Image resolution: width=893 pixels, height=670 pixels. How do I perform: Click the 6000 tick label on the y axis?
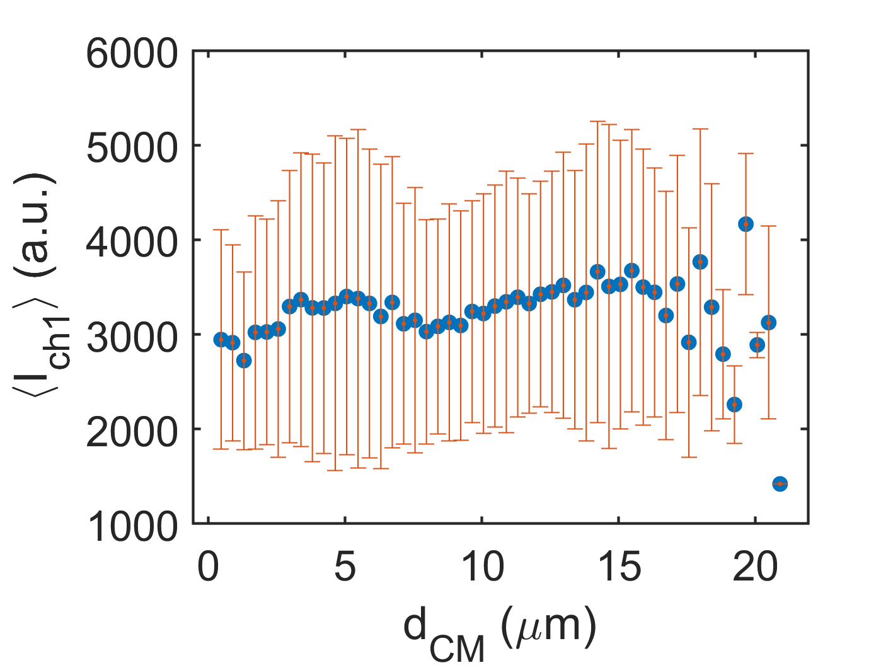[x=132, y=54]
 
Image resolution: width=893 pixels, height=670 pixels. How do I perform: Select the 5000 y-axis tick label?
[x=132, y=148]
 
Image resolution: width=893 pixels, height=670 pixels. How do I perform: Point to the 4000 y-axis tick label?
[x=132, y=243]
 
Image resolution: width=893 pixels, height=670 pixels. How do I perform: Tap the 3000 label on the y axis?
[x=132, y=337]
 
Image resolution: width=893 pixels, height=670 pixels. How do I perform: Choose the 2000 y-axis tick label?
[x=132, y=432]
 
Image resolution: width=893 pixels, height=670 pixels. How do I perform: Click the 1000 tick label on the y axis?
[x=132, y=526]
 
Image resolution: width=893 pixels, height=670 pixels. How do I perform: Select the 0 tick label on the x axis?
[x=209, y=568]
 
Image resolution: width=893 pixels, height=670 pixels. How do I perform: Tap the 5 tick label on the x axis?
[x=345, y=568]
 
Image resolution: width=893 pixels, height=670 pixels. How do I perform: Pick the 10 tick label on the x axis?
[x=482, y=568]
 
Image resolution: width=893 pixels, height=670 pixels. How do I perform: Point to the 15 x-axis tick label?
[x=619, y=568]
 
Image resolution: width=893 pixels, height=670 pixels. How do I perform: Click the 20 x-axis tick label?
[x=755, y=568]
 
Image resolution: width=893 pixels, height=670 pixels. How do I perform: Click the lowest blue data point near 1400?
[x=780, y=483]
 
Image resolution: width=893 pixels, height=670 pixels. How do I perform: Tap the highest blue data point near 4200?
[x=746, y=224]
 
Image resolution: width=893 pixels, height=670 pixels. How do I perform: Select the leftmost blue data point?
[x=221, y=340]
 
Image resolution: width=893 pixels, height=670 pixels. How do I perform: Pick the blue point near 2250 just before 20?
[x=734, y=404]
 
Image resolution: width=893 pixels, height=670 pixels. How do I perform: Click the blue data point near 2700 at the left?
[x=244, y=361]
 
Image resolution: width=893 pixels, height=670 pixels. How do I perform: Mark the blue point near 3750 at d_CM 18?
[x=700, y=262]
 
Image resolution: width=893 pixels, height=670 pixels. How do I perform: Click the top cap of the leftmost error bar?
[x=221, y=230]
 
